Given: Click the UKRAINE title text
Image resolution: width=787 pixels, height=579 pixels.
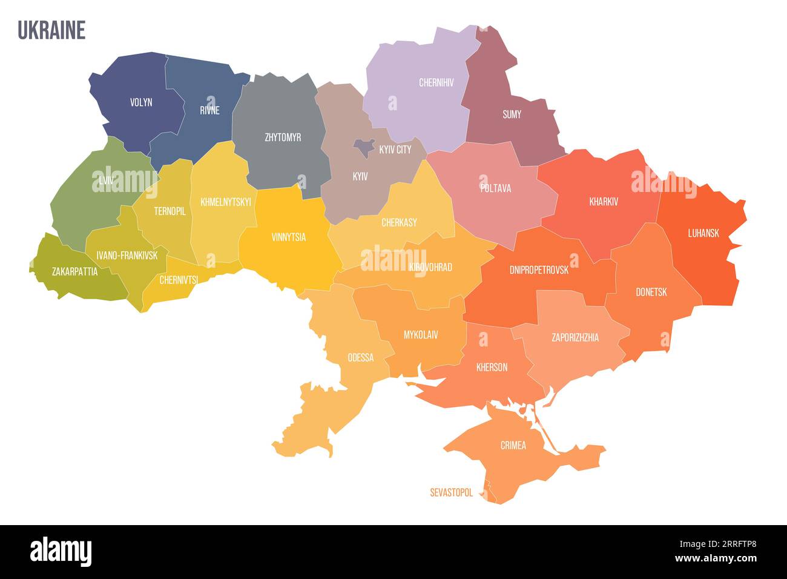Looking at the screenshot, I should tap(51, 30).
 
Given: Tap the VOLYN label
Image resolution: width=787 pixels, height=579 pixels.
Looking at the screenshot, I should tap(141, 102).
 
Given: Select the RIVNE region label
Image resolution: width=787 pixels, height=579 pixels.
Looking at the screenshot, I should tap(209, 110).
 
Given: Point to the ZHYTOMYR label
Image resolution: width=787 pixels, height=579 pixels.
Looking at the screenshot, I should tap(283, 137).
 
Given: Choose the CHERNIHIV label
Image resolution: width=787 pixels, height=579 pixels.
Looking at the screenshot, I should tap(436, 83).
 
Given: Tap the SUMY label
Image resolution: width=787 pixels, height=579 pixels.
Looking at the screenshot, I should tap(512, 114).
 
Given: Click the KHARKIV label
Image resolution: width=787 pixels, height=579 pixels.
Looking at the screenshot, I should tap(604, 202).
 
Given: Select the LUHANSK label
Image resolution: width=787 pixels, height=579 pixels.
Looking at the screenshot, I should tap(703, 233).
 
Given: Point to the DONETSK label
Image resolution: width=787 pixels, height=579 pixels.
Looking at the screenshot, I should tap(651, 292).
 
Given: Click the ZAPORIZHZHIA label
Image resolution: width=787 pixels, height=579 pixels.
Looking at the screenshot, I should tap(575, 337).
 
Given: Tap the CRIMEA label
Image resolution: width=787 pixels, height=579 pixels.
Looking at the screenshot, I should tap(513, 445).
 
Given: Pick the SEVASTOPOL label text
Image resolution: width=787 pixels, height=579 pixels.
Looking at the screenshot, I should tap(451, 492).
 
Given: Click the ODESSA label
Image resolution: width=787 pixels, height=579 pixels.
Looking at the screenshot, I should tap(360, 357).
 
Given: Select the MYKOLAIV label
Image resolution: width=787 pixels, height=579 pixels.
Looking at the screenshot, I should tap(421, 334).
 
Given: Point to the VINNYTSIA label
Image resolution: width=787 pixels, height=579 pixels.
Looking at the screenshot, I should tap(289, 237).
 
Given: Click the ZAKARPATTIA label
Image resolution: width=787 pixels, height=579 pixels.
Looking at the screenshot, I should tap(74, 271).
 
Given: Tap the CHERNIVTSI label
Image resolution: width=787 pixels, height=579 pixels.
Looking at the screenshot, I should tap(179, 280).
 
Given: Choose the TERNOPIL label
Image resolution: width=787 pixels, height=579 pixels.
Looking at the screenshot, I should tap(170, 211).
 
